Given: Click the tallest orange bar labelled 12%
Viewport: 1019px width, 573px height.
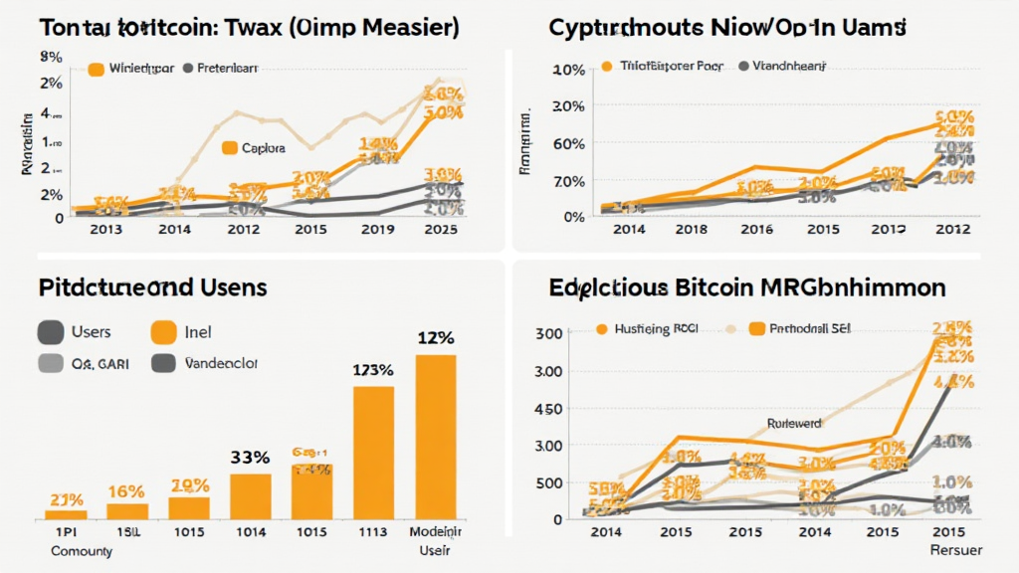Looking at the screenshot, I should (x=435, y=437).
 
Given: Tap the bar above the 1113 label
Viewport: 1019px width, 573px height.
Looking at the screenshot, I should (x=373, y=453).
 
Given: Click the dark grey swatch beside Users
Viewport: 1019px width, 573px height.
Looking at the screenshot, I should (x=50, y=332).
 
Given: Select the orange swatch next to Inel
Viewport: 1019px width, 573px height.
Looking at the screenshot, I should (x=163, y=332).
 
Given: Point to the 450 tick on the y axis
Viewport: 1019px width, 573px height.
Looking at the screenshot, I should (x=549, y=409).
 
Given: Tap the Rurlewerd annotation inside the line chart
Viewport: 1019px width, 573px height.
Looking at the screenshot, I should (x=794, y=423).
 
